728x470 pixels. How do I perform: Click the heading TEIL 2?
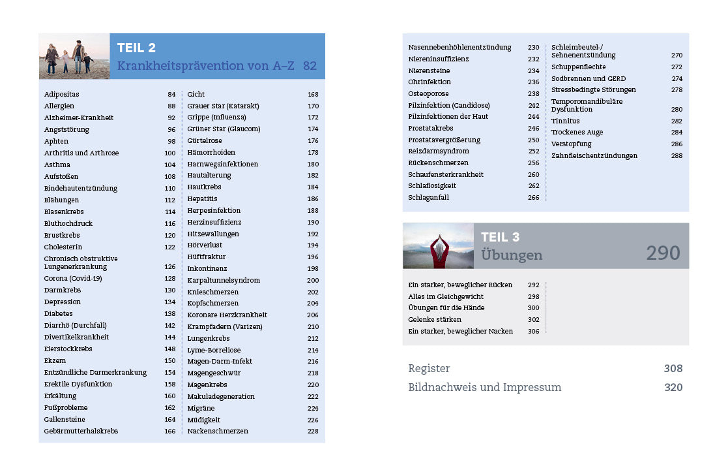(136, 48)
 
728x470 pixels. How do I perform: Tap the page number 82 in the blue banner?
(310, 66)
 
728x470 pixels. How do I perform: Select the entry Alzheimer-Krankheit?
(78, 117)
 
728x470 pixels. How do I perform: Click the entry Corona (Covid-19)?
(74, 278)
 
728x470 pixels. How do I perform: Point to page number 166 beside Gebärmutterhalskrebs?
(169, 431)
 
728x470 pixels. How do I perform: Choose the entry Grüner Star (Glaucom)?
(224, 129)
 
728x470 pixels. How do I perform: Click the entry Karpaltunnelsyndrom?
(224, 280)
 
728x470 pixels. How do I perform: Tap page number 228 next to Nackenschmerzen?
(313, 431)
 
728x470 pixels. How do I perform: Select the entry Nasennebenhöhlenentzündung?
(459, 47)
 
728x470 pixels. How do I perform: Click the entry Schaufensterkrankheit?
(446, 174)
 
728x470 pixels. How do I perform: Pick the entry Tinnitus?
(565, 121)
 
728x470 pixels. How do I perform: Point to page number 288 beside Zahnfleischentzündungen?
(677, 155)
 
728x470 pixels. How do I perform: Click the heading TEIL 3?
(500, 237)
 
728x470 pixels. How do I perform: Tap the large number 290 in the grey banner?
(663, 253)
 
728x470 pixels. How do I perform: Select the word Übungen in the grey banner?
(512, 255)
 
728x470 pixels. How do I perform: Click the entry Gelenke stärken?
(434, 319)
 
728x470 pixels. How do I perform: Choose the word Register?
(429, 369)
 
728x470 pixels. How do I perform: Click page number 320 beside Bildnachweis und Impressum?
(673, 387)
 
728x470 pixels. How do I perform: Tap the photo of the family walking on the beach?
(74, 56)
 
